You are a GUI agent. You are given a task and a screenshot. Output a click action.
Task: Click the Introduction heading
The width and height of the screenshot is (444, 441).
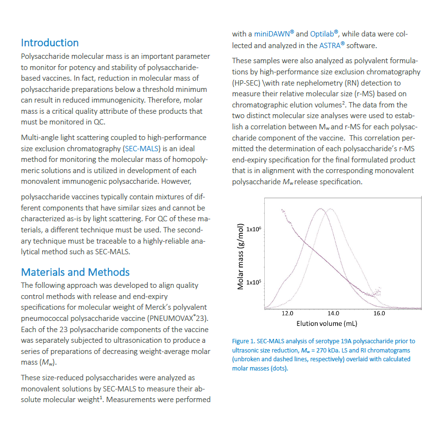[x=50, y=43]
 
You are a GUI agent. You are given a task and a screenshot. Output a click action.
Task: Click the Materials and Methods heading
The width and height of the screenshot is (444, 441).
[x=75, y=272]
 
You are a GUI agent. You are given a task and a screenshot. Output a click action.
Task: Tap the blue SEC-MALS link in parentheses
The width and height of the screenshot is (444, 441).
[x=141, y=148]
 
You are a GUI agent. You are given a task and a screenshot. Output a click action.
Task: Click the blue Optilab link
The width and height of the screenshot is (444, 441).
[x=324, y=34]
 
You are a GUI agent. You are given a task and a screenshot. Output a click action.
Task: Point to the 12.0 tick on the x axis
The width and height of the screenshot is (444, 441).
[x=288, y=313]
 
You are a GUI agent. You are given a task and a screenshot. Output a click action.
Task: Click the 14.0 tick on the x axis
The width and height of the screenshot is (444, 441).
[x=333, y=313]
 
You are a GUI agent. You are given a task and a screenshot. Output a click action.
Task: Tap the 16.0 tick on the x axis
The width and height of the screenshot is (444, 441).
[x=379, y=313]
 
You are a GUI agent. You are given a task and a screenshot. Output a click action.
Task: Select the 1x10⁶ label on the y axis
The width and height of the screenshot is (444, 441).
[x=254, y=229]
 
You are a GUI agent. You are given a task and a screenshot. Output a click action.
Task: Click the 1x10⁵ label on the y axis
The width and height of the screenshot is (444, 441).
[x=254, y=282]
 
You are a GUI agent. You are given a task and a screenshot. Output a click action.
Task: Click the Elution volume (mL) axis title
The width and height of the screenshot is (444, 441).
[x=326, y=323]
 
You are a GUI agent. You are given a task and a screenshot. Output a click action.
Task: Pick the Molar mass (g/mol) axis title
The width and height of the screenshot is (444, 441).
[x=240, y=256]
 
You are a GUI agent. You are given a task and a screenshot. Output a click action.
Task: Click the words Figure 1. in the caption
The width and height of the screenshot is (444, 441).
[x=244, y=341]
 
